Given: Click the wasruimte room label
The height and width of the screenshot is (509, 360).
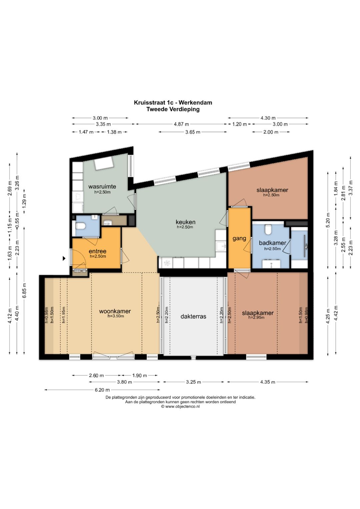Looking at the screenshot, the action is click(102, 187).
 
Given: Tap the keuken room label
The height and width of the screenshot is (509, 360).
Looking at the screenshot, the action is click(185, 222).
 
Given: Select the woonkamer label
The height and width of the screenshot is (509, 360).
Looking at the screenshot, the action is click(115, 311).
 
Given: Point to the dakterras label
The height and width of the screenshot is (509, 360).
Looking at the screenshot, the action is click(193, 316).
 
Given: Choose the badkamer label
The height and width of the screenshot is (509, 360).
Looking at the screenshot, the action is click(272, 243).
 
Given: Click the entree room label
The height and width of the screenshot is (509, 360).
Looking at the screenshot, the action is click(97, 251).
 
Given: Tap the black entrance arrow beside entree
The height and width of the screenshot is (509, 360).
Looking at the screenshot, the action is click(64, 258).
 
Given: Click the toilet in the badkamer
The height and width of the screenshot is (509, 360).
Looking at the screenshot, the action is click(268, 229).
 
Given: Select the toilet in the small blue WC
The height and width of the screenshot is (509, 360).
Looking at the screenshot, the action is click(80, 226).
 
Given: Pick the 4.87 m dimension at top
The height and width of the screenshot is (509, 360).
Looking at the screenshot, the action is click(181, 124).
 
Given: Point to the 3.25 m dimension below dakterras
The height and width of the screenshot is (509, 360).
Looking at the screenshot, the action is click(193, 382).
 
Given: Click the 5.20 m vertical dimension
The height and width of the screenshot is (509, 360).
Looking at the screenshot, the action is click(328, 220).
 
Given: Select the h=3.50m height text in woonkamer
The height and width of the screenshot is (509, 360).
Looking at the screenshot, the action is click(116, 316).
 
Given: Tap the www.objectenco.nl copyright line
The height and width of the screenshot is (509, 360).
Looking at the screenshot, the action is click(180, 407).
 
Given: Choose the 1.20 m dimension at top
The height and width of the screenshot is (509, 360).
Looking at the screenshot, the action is click(240, 124).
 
